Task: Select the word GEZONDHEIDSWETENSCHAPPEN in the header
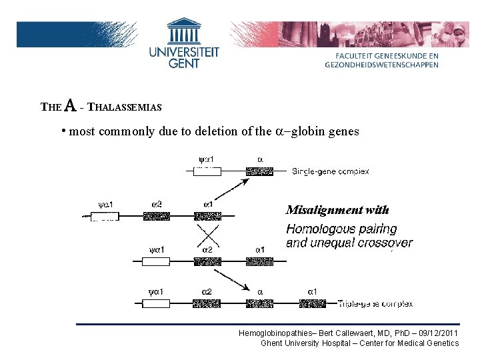[382, 65]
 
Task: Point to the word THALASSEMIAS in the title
[125, 107]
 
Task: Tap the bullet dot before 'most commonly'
[63, 130]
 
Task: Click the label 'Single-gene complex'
[331, 171]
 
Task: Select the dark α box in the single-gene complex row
[259, 171]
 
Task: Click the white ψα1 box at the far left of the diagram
[105, 216]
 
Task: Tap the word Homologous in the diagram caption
[313, 229]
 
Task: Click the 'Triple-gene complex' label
[375, 303]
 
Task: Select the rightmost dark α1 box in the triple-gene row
[312, 303]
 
